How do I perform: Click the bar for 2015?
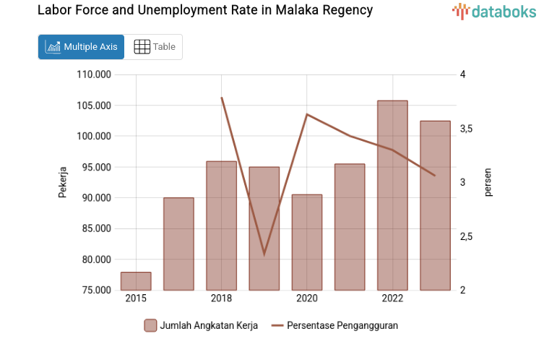tap(136, 281)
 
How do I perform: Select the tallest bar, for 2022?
tap(392, 195)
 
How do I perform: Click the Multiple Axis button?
tap(81, 47)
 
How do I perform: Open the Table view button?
tap(155, 47)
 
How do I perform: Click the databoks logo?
tap(494, 11)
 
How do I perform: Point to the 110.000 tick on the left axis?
tap(95, 74)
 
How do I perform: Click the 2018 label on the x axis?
tap(221, 299)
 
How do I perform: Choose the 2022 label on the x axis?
tap(392, 299)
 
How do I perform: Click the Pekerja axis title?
tap(63, 182)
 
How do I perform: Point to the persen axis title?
tap(488, 182)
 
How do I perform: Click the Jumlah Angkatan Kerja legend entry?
tap(200, 325)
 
